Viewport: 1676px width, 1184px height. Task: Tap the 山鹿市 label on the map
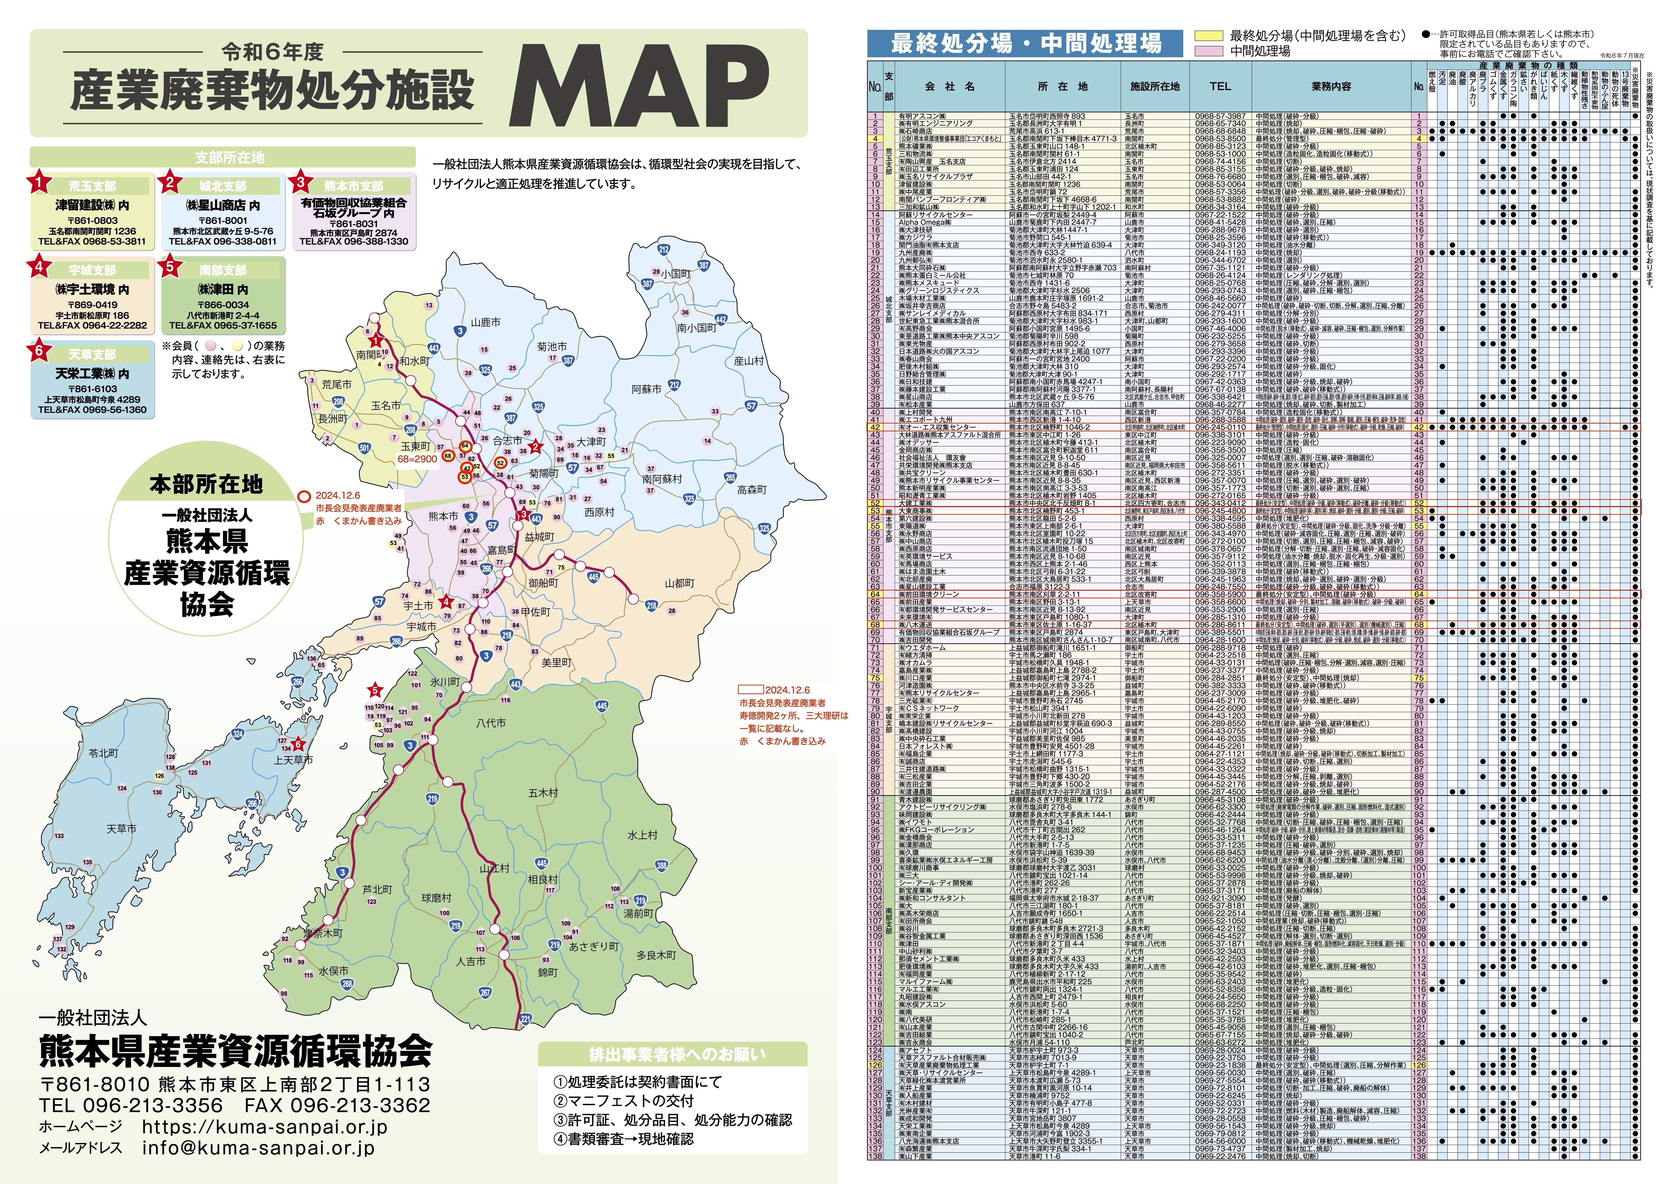(485, 322)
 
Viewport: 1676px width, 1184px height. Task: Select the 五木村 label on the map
(543, 793)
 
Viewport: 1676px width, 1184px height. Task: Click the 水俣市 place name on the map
(334, 971)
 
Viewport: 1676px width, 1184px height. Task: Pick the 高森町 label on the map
(752, 490)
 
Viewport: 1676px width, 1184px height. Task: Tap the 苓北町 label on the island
(103, 753)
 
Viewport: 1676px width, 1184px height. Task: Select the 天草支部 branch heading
(92, 354)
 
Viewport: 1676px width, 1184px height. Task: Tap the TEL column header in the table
(1220, 86)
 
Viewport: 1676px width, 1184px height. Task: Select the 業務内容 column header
(1331, 86)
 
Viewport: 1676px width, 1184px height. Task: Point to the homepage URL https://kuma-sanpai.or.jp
(264, 1126)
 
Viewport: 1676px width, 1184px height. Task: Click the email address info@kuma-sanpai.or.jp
(258, 1148)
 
